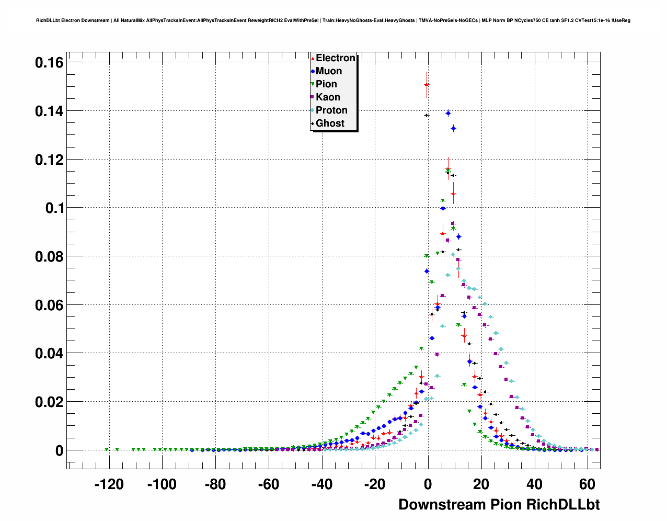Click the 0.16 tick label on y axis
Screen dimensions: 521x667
pyautogui.click(x=49, y=63)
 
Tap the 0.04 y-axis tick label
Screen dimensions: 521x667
pyautogui.click(x=49, y=354)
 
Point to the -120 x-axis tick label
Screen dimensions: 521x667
pyautogui.click(x=109, y=485)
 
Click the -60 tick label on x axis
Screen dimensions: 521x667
pyautogui.click(x=269, y=485)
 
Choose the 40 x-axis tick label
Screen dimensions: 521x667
pyautogui.click(x=534, y=485)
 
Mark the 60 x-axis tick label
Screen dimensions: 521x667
pyautogui.click(x=588, y=485)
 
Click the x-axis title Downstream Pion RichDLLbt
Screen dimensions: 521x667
pyautogui.click(x=499, y=505)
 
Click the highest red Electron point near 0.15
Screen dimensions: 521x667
pyautogui.click(x=427, y=84)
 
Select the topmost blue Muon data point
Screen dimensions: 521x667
pyautogui.click(x=448, y=113)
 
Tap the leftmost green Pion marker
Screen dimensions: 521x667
pyautogui.click(x=107, y=449)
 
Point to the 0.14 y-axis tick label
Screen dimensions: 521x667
pyautogui.click(x=49, y=111)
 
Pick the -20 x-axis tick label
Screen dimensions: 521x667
pyautogui.click(x=375, y=485)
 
